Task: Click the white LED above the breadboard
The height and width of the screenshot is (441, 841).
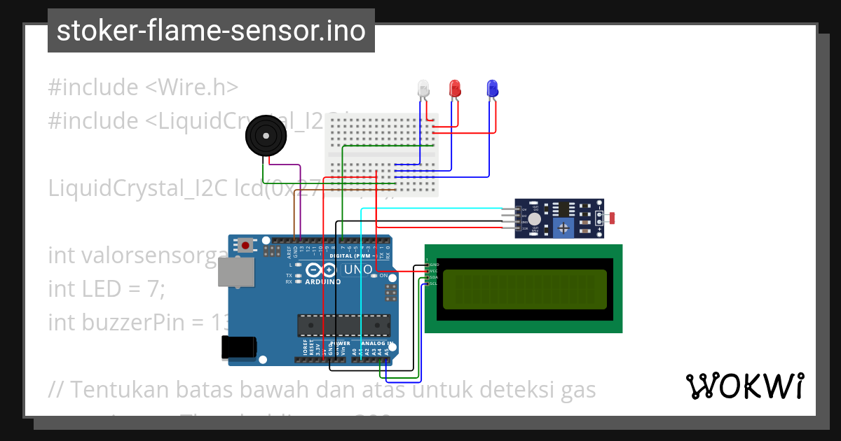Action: tap(423, 89)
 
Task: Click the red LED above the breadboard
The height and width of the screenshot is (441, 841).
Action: tap(455, 87)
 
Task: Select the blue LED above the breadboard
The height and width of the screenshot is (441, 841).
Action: tap(492, 87)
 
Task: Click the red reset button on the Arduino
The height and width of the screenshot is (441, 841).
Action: tap(246, 246)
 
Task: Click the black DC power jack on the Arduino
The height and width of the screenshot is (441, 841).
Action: tap(238, 348)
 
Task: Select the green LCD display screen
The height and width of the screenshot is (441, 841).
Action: tap(524, 289)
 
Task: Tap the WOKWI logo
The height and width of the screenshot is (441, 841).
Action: tap(744, 386)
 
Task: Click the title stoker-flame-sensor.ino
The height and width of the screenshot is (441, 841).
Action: tap(211, 31)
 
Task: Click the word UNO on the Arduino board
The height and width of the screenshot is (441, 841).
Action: tap(358, 270)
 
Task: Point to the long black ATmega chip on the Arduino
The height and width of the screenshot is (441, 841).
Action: tap(343, 325)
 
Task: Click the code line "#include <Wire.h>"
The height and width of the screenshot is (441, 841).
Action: tap(143, 87)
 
